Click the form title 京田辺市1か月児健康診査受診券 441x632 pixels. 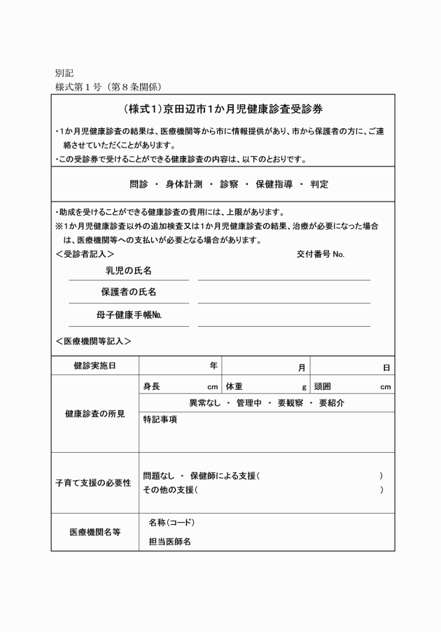pos(222,110)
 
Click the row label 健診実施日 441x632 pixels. pos(95,366)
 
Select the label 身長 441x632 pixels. pos(152,386)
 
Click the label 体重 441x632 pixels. pos(234,386)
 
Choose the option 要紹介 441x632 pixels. pos(331,403)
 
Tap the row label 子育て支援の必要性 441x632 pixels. pos(93,483)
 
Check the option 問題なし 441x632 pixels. pos(158,476)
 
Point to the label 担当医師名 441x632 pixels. pos(170,541)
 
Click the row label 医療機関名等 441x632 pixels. pos(95,532)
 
